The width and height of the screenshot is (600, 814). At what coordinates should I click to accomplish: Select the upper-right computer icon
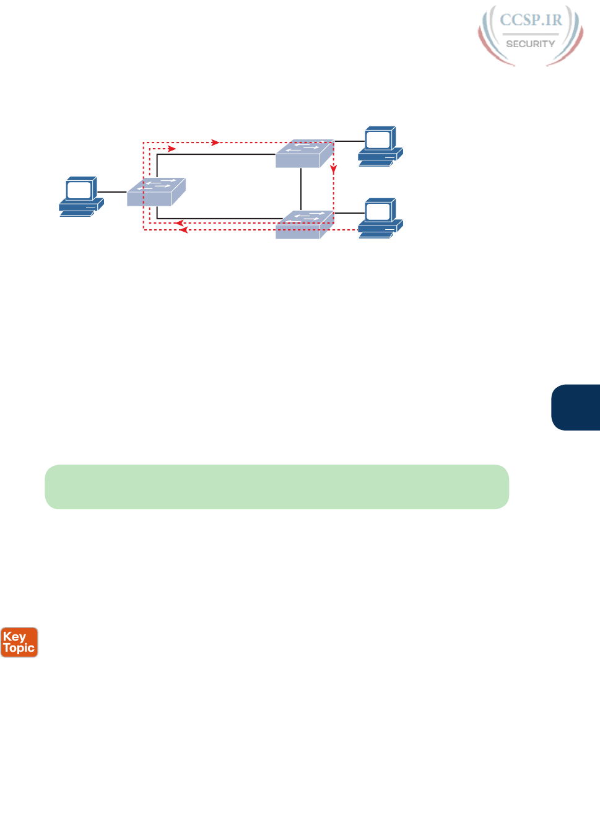point(380,146)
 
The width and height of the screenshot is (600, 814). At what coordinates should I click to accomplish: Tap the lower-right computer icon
point(380,218)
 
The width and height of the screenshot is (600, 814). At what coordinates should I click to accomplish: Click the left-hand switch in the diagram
point(156,192)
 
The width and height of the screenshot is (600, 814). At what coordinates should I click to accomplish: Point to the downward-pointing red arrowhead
point(334,169)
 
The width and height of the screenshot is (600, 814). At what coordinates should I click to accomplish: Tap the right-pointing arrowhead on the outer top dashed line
point(215,142)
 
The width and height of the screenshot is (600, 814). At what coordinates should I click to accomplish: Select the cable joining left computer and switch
point(111,192)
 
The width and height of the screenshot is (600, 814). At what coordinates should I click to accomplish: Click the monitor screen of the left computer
point(79,190)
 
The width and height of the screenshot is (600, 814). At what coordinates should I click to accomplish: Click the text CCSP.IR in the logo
point(531,20)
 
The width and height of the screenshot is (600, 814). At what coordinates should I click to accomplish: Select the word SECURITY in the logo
point(531,44)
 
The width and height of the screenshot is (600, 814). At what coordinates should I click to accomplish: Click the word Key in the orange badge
point(14,637)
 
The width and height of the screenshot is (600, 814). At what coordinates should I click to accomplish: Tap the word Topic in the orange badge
point(19,648)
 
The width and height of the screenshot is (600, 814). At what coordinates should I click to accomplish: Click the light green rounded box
point(277,487)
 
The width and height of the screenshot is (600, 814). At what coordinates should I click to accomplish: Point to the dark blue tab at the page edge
point(576,407)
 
